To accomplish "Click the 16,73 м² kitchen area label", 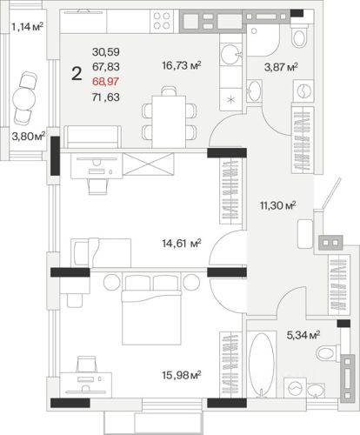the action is pyautogui.click(x=182, y=65).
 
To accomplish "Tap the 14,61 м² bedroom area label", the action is pyautogui.click(x=182, y=244).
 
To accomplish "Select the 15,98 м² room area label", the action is pyautogui.click(x=182, y=375).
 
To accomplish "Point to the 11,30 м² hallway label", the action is pyautogui.click(x=278, y=205).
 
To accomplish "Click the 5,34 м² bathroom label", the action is pyautogui.click(x=303, y=335).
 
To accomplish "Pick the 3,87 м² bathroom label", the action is pyautogui.click(x=281, y=68).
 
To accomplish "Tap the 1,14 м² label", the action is pyautogui.click(x=27, y=27).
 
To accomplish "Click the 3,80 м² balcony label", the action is pyautogui.click(x=29, y=136).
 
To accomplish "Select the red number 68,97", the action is pyautogui.click(x=105, y=82).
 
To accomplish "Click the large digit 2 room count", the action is pyautogui.click(x=77, y=73).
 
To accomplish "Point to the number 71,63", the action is pyautogui.click(x=106, y=97).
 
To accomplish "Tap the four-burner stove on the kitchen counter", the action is pyautogui.click(x=162, y=21).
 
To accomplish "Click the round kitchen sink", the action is pyautogui.click(x=230, y=54).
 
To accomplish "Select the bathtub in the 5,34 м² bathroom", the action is pyautogui.click(x=262, y=365).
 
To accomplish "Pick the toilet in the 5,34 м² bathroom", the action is pyautogui.click(x=329, y=353).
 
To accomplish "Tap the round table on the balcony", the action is pyautogui.click(x=24, y=98).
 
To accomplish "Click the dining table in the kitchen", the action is pyautogui.click(x=169, y=122).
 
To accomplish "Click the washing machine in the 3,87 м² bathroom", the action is pyautogui.click(x=303, y=90).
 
